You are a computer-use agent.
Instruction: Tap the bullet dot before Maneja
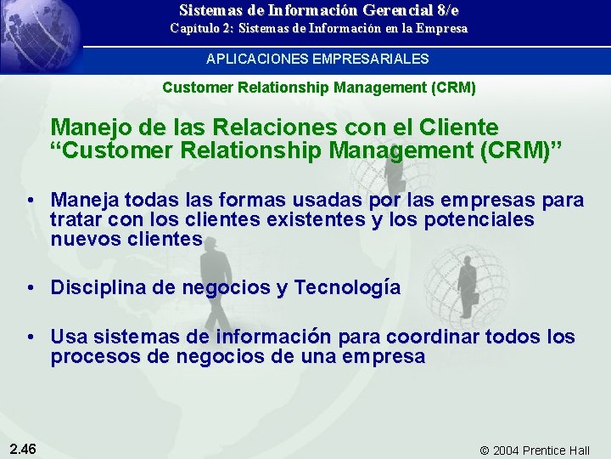pos(30,201)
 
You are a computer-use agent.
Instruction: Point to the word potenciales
pos(482,219)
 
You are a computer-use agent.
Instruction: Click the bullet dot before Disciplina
pos(30,288)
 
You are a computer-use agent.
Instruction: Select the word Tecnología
pos(347,288)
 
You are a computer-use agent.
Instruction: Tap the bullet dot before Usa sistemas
pos(30,337)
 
